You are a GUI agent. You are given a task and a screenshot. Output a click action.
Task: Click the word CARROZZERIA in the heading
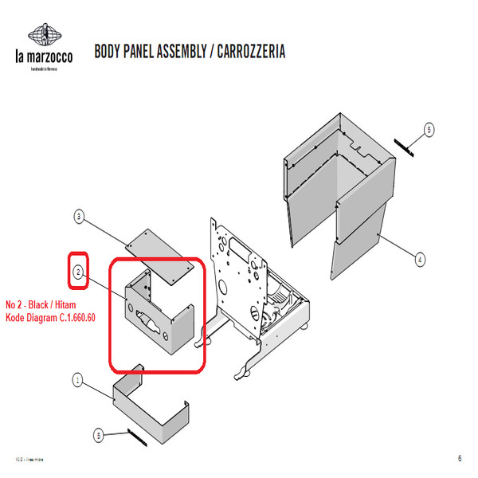(253, 52)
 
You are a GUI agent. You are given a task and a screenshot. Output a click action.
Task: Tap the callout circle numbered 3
(79, 216)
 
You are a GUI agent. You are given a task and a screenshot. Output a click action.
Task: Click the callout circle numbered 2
(79, 272)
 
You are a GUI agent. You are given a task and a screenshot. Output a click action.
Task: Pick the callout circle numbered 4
(420, 258)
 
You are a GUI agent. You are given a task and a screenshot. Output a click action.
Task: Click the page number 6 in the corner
(460, 458)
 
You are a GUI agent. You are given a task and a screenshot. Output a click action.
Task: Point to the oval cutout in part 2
(148, 323)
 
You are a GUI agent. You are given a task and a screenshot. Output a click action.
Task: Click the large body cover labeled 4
(343, 191)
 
